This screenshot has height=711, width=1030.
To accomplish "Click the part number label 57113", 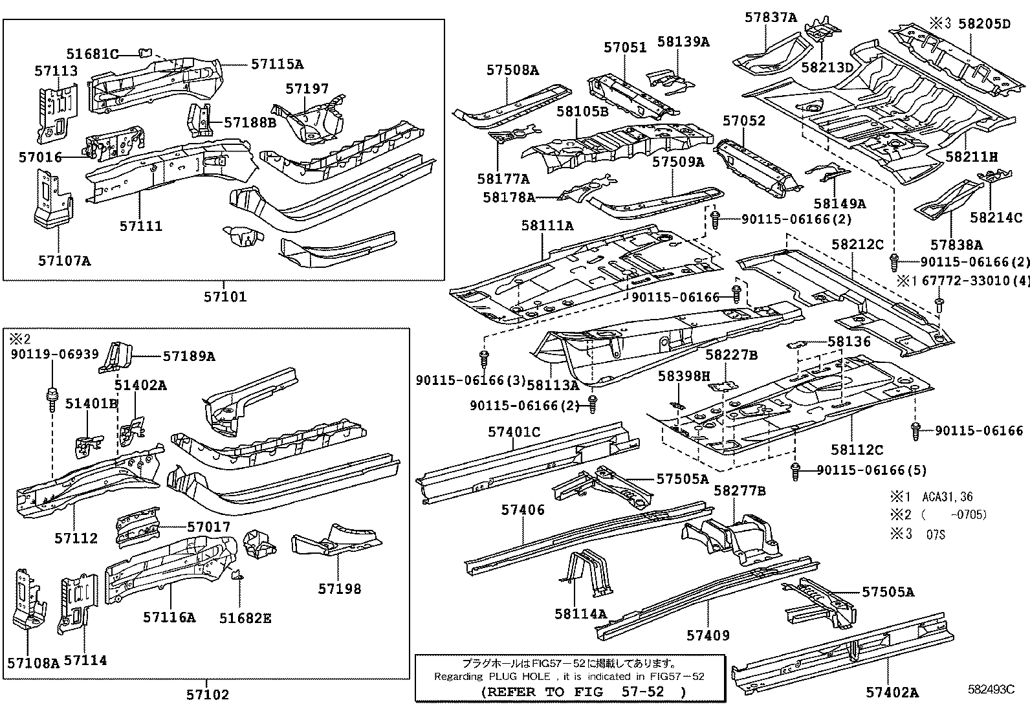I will [57, 71].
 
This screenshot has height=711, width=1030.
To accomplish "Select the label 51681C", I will [92, 54].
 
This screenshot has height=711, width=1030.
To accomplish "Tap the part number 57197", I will [307, 89].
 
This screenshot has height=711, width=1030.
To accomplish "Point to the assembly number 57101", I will [225, 297].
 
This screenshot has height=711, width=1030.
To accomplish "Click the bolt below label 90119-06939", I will [51, 395].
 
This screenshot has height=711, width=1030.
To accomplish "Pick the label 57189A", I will [188, 356].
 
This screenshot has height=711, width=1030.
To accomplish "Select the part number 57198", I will [339, 589].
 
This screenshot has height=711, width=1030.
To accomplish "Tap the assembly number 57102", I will [208, 695].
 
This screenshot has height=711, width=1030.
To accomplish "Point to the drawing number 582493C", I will [991, 690].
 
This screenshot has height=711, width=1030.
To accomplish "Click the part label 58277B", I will [740, 491].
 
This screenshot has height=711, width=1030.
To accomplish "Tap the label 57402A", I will [892, 693].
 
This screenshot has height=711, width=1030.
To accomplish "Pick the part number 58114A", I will [580, 613].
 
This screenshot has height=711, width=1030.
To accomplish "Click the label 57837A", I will [770, 17].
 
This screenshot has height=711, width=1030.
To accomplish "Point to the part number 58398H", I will [684, 376].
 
